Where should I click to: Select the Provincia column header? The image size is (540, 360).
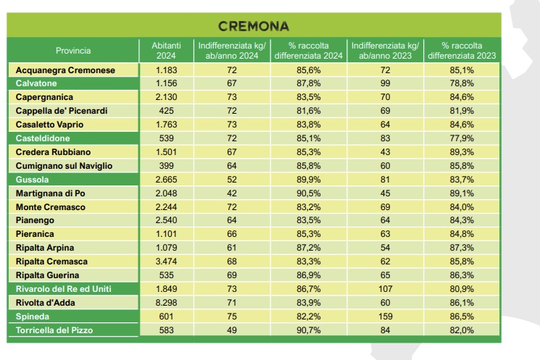pyautogui.click(x=73, y=51)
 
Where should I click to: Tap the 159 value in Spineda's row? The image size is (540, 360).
pyautogui.click(x=385, y=317)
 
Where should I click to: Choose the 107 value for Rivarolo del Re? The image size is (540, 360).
pyautogui.click(x=385, y=289)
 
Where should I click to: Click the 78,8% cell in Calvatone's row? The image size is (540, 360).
pyautogui.click(x=462, y=84)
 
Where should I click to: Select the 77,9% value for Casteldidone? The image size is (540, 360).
pyautogui.click(x=462, y=138)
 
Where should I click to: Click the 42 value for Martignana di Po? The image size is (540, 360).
pyautogui.click(x=232, y=193)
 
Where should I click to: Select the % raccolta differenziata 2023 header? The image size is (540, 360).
pyautogui.click(x=462, y=51)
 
